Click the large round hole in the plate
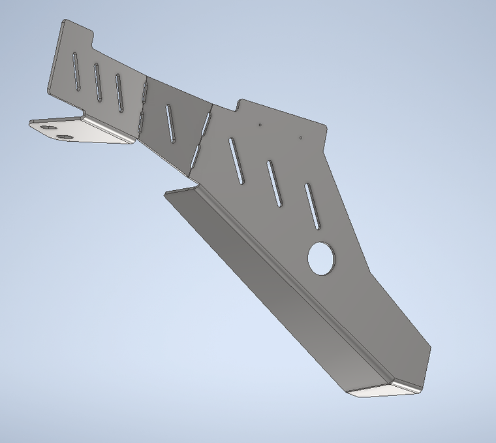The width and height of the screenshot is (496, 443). tap(321, 258)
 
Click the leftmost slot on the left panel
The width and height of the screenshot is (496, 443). tap(76, 71)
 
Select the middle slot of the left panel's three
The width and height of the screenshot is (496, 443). tap(97, 82)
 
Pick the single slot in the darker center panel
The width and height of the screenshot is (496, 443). tap(170, 123)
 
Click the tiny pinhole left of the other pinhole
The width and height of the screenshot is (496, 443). tap(260, 123)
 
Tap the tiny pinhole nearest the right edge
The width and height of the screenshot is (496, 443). tap(300, 137)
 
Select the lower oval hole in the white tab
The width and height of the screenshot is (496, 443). tap(65, 137)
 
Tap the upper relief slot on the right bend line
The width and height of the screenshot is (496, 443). tap(207, 120)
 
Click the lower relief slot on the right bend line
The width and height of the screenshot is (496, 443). tap(195, 154)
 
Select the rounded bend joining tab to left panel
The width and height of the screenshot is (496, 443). tap(108, 127)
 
